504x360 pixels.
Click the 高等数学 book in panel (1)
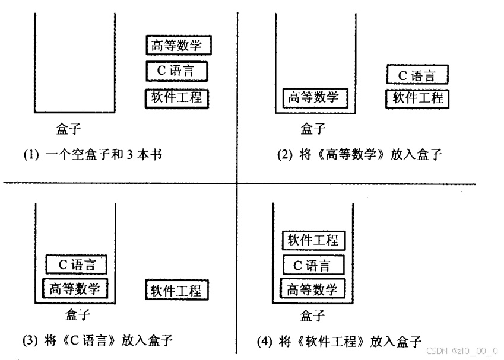[179, 46]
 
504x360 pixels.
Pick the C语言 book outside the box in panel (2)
[416, 75]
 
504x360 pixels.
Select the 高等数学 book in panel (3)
[74, 289]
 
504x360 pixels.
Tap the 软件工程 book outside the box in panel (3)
[176, 290]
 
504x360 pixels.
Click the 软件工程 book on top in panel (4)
[313, 240]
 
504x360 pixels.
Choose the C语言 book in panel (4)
[313, 265]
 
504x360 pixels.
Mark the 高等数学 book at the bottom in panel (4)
[312, 289]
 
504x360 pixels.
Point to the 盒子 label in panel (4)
[313, 314]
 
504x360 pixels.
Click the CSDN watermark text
[462, 350]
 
